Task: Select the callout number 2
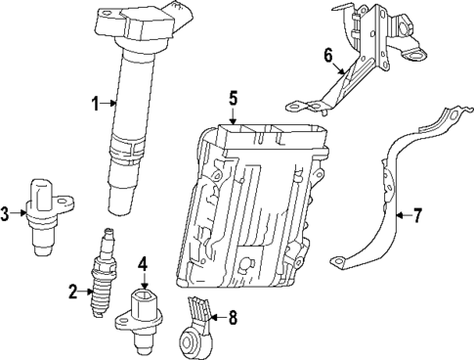pos(72,291)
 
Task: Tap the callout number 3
pos(6,213)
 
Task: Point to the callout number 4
pos(143,263)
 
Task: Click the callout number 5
pos(234,98)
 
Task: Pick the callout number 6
pos(328,55)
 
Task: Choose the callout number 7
pos(417,214)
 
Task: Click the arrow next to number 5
pos(234,115)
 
